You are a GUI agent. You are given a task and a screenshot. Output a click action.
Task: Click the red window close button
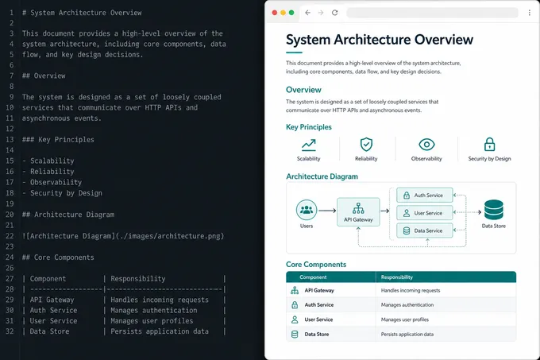(275, 13)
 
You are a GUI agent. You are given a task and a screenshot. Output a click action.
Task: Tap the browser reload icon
(335, 13)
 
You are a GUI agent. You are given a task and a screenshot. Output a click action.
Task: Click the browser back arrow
(307, 13)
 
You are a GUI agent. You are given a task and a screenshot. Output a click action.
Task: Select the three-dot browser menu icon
(530, 13)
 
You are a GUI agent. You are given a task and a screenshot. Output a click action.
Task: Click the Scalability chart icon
(309, 145)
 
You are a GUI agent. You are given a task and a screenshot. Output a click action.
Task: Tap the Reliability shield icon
(366, 145)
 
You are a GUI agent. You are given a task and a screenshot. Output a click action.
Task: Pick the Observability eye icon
(426, 145)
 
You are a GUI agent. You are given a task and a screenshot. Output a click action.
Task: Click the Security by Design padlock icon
(489, 145)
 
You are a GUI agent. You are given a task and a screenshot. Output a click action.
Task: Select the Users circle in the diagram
(307, 210)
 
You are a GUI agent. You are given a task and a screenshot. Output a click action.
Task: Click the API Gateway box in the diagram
(358, 212)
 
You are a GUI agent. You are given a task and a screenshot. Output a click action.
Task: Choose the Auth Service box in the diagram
(425, 195)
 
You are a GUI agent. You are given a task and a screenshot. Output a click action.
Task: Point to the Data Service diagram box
(425, 230)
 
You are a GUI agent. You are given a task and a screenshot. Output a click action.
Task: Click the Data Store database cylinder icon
(494, 210)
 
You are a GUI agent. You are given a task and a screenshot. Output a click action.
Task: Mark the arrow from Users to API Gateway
(327, 211)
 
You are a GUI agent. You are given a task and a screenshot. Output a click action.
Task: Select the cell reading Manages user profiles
(405, 319)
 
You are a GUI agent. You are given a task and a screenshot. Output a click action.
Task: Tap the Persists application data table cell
(407, 334)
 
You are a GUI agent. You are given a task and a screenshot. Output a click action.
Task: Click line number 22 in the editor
(10, 236)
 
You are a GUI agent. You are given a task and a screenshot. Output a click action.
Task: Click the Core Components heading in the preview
(316, 264)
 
